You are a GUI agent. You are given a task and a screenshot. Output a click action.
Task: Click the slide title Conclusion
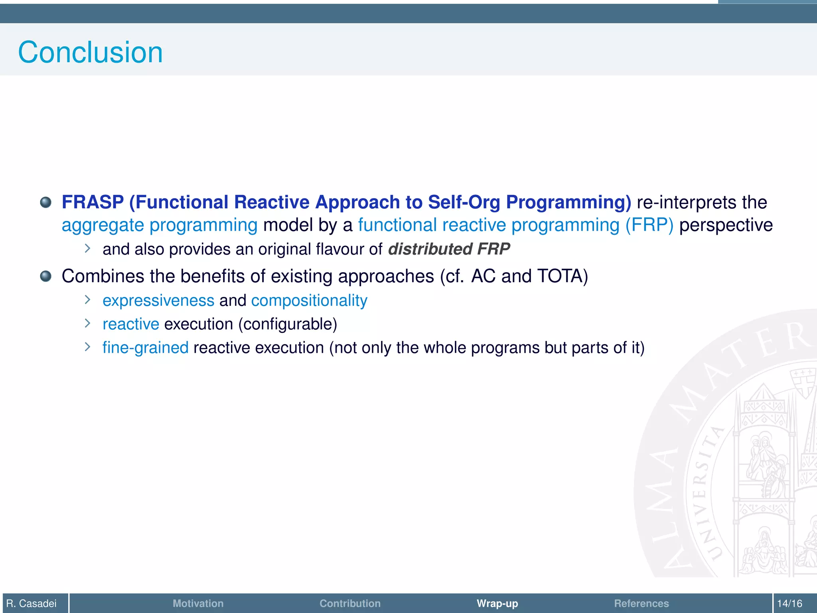(91, 52)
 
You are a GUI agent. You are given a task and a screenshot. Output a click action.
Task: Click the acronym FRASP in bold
(93, 202)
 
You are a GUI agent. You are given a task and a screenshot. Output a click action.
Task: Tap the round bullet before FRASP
(46, 202)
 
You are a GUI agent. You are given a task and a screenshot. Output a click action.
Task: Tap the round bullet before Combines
(46, 276)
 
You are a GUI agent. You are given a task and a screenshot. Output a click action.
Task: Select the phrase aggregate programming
(160, 225)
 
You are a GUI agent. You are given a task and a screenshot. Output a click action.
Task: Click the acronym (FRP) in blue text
(649, 225)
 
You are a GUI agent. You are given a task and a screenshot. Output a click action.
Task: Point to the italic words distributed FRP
(449, 249)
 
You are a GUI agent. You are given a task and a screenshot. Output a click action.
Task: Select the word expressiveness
(158, 301)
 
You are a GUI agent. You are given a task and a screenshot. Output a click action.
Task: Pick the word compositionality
(309, 301)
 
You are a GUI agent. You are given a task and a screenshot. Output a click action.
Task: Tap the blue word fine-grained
(145, 348)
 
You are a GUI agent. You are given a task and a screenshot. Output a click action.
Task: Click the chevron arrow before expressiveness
(88, 300)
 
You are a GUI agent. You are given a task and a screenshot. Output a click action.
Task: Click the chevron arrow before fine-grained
(88, 347)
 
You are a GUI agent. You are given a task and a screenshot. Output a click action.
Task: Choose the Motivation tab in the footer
(198, 603)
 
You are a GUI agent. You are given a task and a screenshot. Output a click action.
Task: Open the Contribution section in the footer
(350, 603)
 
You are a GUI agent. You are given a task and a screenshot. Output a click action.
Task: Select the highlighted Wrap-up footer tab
(497, 603)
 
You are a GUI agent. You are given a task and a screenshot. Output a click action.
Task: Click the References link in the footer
(641, 603)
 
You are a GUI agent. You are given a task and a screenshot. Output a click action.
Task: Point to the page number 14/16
(789, 603)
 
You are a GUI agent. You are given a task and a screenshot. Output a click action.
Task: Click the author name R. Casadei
(32, 603)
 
